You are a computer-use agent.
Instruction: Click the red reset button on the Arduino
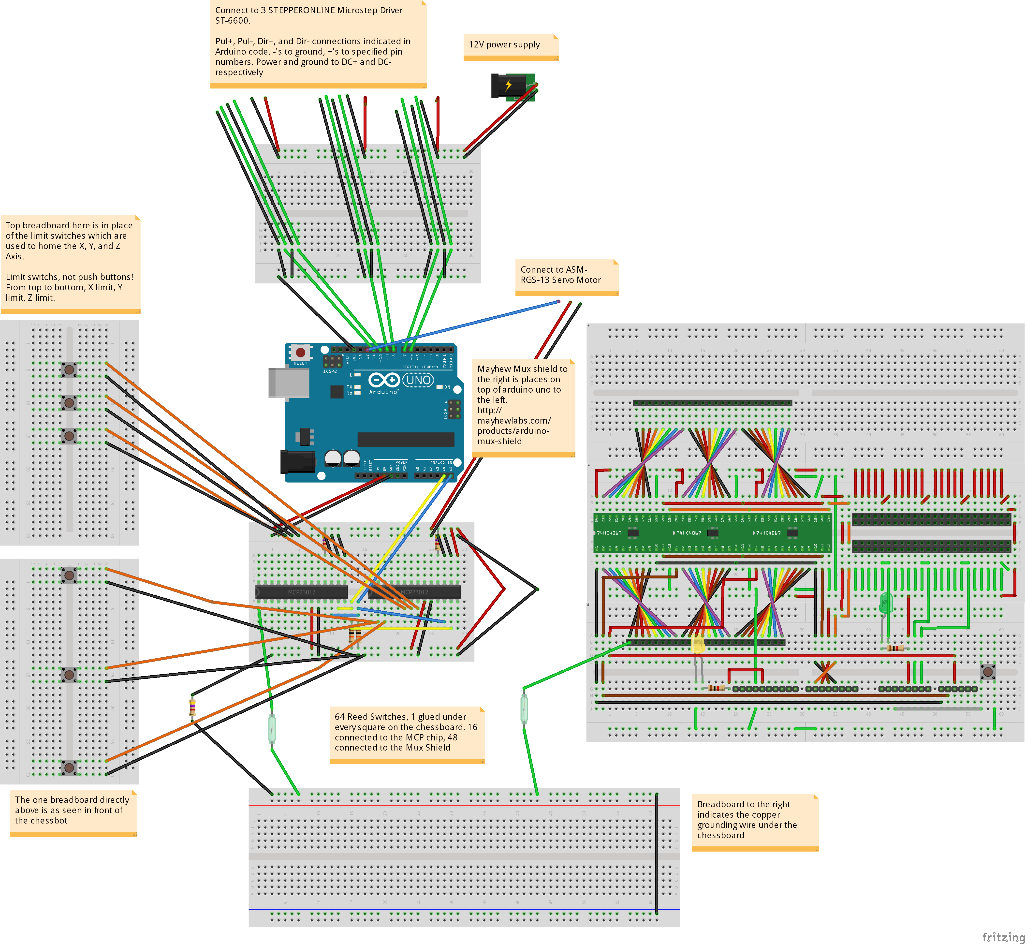pyautogui.click(x=300, y=352)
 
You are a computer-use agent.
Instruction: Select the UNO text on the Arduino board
pyautogui.click(x=418, y=380)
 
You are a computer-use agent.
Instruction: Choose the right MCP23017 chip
pyautogui.click(x=414, y=592)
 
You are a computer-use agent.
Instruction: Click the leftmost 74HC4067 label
pyautogui.click(x=609, y=533)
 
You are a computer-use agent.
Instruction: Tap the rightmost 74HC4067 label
pyautogui.click(x=768, y=533)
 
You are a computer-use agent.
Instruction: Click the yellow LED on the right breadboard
pyautogui.click(x=698, y=645)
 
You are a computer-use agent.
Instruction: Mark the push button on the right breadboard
pyautogui.click(x=988, y=671)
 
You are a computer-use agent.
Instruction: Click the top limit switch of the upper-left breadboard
pyautogui.click(x=69, y=369)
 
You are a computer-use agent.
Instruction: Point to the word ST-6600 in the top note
pyautogui.click(x=232, y=20)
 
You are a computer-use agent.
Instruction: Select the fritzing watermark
pyautogui.click(x=1003, y=936)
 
